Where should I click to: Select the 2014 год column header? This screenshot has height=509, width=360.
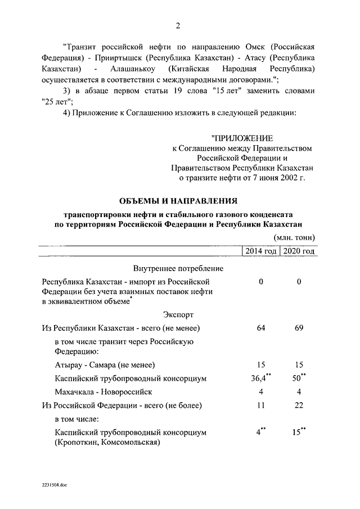click(x=260, y=251)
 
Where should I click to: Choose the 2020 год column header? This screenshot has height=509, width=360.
click(x=298, y=251)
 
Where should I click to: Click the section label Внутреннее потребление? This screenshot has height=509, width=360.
click(x=178, y=268)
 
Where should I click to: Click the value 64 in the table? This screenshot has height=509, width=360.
click(x=260, y=328)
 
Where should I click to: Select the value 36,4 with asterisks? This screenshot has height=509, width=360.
click(x=259, y=379)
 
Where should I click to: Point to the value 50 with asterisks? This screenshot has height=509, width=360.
click(x=298, y=379)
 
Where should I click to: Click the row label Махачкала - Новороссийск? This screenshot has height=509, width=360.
click(x=103, y=391)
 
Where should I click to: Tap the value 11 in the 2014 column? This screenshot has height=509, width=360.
click(x=260, y=405)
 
